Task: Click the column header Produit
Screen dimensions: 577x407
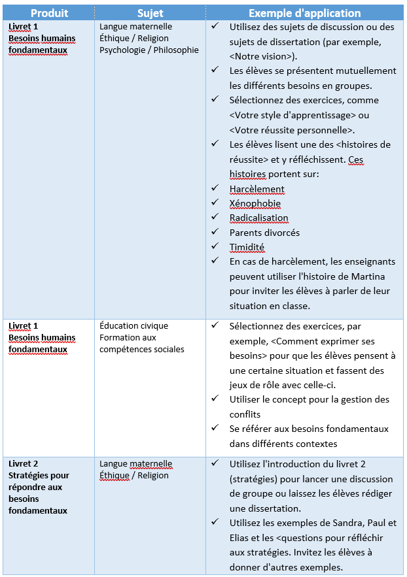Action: [49, 13]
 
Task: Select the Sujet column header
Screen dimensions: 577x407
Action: [150, 13]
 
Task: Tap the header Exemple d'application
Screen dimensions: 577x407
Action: [304, 13]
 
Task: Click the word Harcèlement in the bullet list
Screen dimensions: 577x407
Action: [257, 189]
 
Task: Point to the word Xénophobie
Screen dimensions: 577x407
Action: [255, 203]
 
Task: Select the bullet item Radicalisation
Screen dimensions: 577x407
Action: [258, 218]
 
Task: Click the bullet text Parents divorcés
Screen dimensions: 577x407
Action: [264, 232]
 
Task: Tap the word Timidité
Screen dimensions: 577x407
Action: [247, 247]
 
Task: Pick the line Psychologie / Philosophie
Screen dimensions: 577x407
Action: [149, 50]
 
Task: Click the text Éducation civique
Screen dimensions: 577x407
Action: [133, 325]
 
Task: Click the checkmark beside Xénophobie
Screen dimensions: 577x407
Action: [215, 203]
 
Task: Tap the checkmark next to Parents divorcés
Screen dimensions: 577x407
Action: [215, 232]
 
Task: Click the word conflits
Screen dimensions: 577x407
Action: [245, 414]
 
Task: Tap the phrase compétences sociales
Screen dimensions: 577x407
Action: [141, 349]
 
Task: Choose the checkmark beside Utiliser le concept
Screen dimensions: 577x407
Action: [215, 399]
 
